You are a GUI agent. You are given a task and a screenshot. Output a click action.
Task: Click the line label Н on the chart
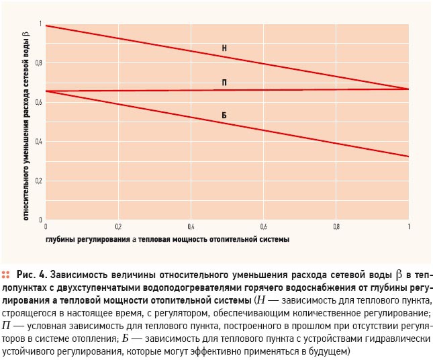pos(224,48)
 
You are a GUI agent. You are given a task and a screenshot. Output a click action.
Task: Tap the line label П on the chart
pos(224,83)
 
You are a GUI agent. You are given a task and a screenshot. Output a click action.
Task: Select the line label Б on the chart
pos(224,116)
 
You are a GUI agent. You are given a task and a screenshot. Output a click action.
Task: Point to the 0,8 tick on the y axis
pos(39,63)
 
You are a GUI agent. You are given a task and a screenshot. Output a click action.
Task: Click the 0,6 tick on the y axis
pos(39,103)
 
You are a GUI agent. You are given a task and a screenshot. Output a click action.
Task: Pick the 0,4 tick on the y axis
pos(39,142)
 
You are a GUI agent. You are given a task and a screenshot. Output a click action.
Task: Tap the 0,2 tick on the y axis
pos(39,181)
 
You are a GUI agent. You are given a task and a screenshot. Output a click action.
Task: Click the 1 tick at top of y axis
pos(41,24)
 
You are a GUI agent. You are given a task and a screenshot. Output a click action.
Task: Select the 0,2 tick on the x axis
pos(118,227)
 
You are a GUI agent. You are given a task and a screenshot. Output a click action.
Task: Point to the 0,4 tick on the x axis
pos(191,227)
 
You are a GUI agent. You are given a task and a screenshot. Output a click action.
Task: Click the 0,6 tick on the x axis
pos(263,227)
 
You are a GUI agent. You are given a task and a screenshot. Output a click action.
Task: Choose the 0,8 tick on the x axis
pos(336,227)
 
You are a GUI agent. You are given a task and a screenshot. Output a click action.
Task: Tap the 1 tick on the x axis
pos(409,227)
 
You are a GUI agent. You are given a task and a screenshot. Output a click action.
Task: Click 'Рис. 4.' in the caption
pos(32,275)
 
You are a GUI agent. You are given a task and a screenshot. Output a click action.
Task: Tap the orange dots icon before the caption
pos(5,275)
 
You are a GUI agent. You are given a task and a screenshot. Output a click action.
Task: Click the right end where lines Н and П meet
pos(408,89)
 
